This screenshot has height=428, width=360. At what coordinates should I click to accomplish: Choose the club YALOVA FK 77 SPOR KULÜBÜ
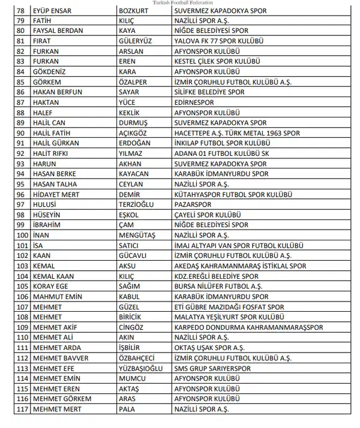pos(220,41)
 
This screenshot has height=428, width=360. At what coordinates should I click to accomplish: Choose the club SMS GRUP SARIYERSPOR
pos(214,367)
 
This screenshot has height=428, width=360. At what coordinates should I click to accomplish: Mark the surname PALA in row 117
pos(128,408)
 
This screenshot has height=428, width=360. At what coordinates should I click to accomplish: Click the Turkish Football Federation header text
pos(179,2)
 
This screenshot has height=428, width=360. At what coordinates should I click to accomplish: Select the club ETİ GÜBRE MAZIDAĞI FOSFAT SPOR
pos(229,306)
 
